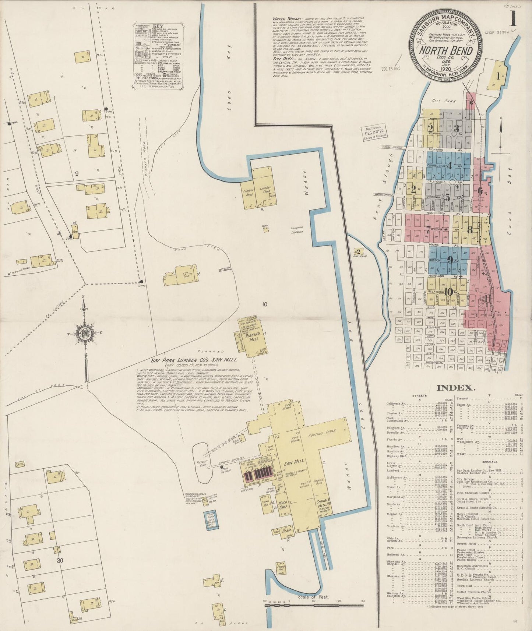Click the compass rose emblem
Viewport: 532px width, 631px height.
tap(85, 334)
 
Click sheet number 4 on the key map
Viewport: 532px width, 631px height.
tap(450, 166)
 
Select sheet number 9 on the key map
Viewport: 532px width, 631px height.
tap(450, 260)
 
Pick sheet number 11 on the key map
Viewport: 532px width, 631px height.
tap(488, 299)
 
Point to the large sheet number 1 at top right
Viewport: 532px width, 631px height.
tap(513, 18)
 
